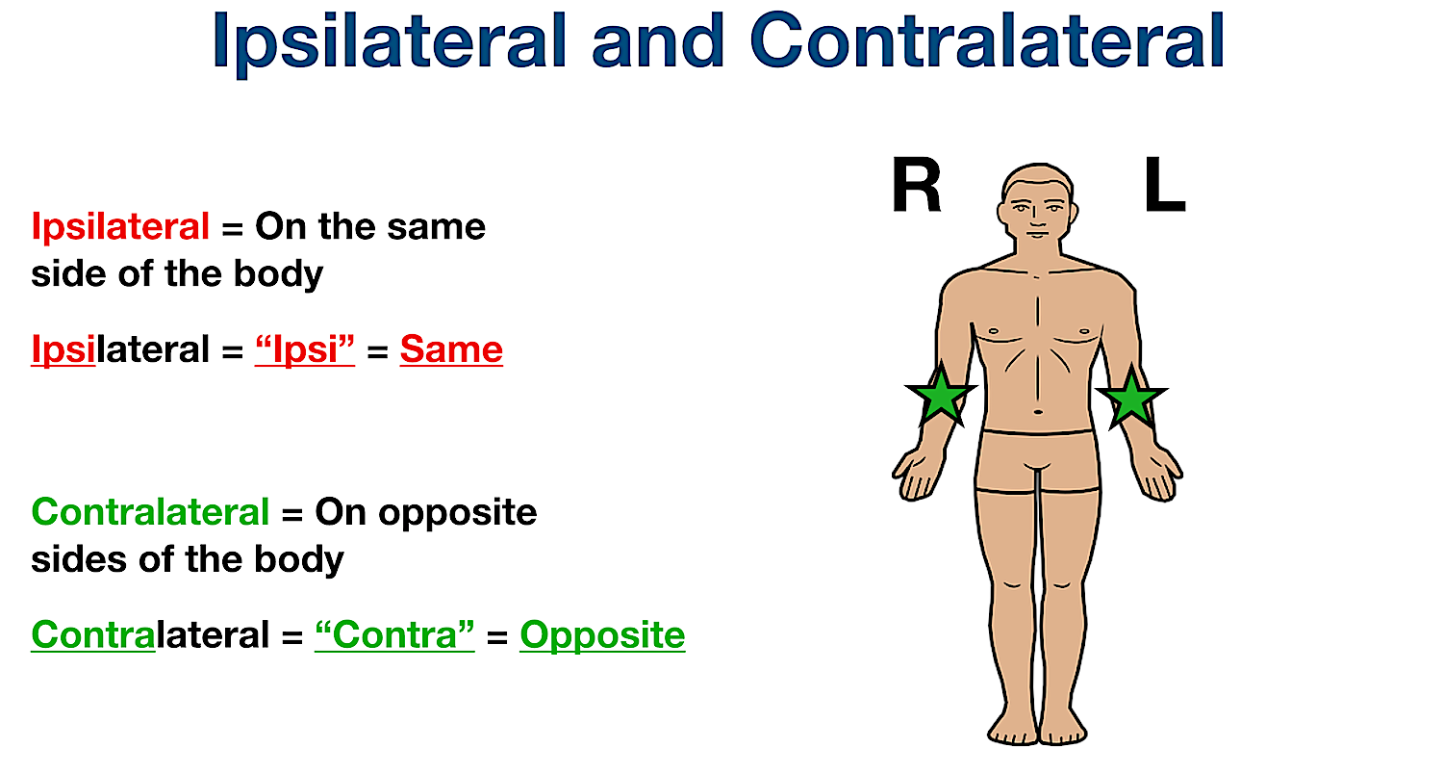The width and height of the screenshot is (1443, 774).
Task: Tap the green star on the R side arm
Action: [941, 396]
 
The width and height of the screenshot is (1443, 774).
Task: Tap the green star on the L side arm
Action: [1131, 396]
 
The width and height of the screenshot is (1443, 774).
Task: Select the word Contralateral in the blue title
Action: [987, 40]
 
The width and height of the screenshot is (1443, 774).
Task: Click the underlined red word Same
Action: [451, 348]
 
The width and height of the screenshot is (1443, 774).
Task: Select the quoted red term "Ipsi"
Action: [305, 348]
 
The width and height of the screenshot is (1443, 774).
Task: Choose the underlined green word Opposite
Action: [602, 635]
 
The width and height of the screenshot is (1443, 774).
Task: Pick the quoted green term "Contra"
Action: [394, 635]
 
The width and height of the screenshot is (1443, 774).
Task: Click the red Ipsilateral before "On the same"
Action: [120, 227]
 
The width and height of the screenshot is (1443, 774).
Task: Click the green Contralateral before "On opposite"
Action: [150, 512]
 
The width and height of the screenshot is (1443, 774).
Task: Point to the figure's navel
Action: [1037, 413]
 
